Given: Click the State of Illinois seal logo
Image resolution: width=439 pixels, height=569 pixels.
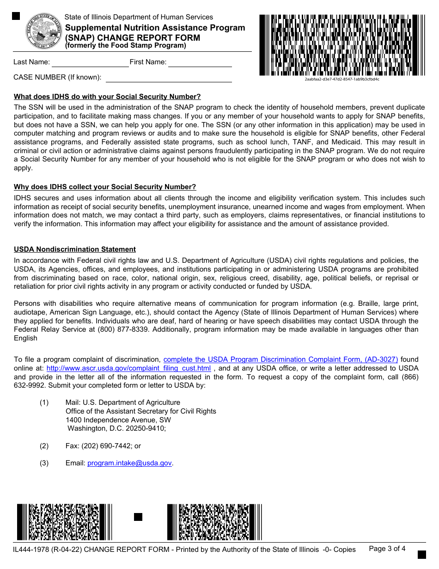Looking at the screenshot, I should click(43, 31).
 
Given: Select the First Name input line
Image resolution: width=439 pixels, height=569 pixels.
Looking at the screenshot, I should click(200, 63).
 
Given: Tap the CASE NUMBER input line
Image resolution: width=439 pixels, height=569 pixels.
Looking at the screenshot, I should click(169, 78).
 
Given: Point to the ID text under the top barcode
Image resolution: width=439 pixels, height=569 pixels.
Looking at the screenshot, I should click(342, 79).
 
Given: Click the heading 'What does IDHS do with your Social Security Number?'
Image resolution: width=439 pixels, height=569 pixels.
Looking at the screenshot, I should click(107, 97).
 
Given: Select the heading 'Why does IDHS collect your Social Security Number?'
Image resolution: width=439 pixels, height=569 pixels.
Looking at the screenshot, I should click(105, 187).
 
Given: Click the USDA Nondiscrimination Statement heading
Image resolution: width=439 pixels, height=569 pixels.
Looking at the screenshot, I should click(75, 249).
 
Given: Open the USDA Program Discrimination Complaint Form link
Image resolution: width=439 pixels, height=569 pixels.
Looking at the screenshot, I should click(280, 359).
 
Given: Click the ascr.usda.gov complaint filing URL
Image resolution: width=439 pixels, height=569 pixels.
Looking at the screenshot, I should click(129, 368).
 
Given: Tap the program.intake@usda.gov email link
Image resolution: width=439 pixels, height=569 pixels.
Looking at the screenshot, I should click(129, 463).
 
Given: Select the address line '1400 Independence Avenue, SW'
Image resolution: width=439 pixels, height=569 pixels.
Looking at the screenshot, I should click(118, 420).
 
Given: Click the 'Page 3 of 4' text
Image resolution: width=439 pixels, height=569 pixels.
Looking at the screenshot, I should click(387, 549).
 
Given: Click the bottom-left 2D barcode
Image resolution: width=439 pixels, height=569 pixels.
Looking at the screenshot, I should click(64, 522).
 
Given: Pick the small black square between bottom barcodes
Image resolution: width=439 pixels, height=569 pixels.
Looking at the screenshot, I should click(138, 517).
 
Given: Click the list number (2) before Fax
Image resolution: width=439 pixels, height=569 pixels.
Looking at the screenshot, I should click(44, 446).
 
